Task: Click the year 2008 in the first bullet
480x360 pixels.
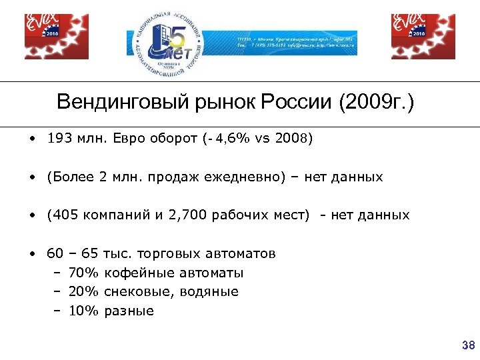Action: [291, 140]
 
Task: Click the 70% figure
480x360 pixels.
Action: [83, 273]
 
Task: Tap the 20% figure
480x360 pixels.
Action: [83, 291]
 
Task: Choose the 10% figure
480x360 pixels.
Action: [83, 311]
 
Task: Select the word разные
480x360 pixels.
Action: [129, 311]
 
